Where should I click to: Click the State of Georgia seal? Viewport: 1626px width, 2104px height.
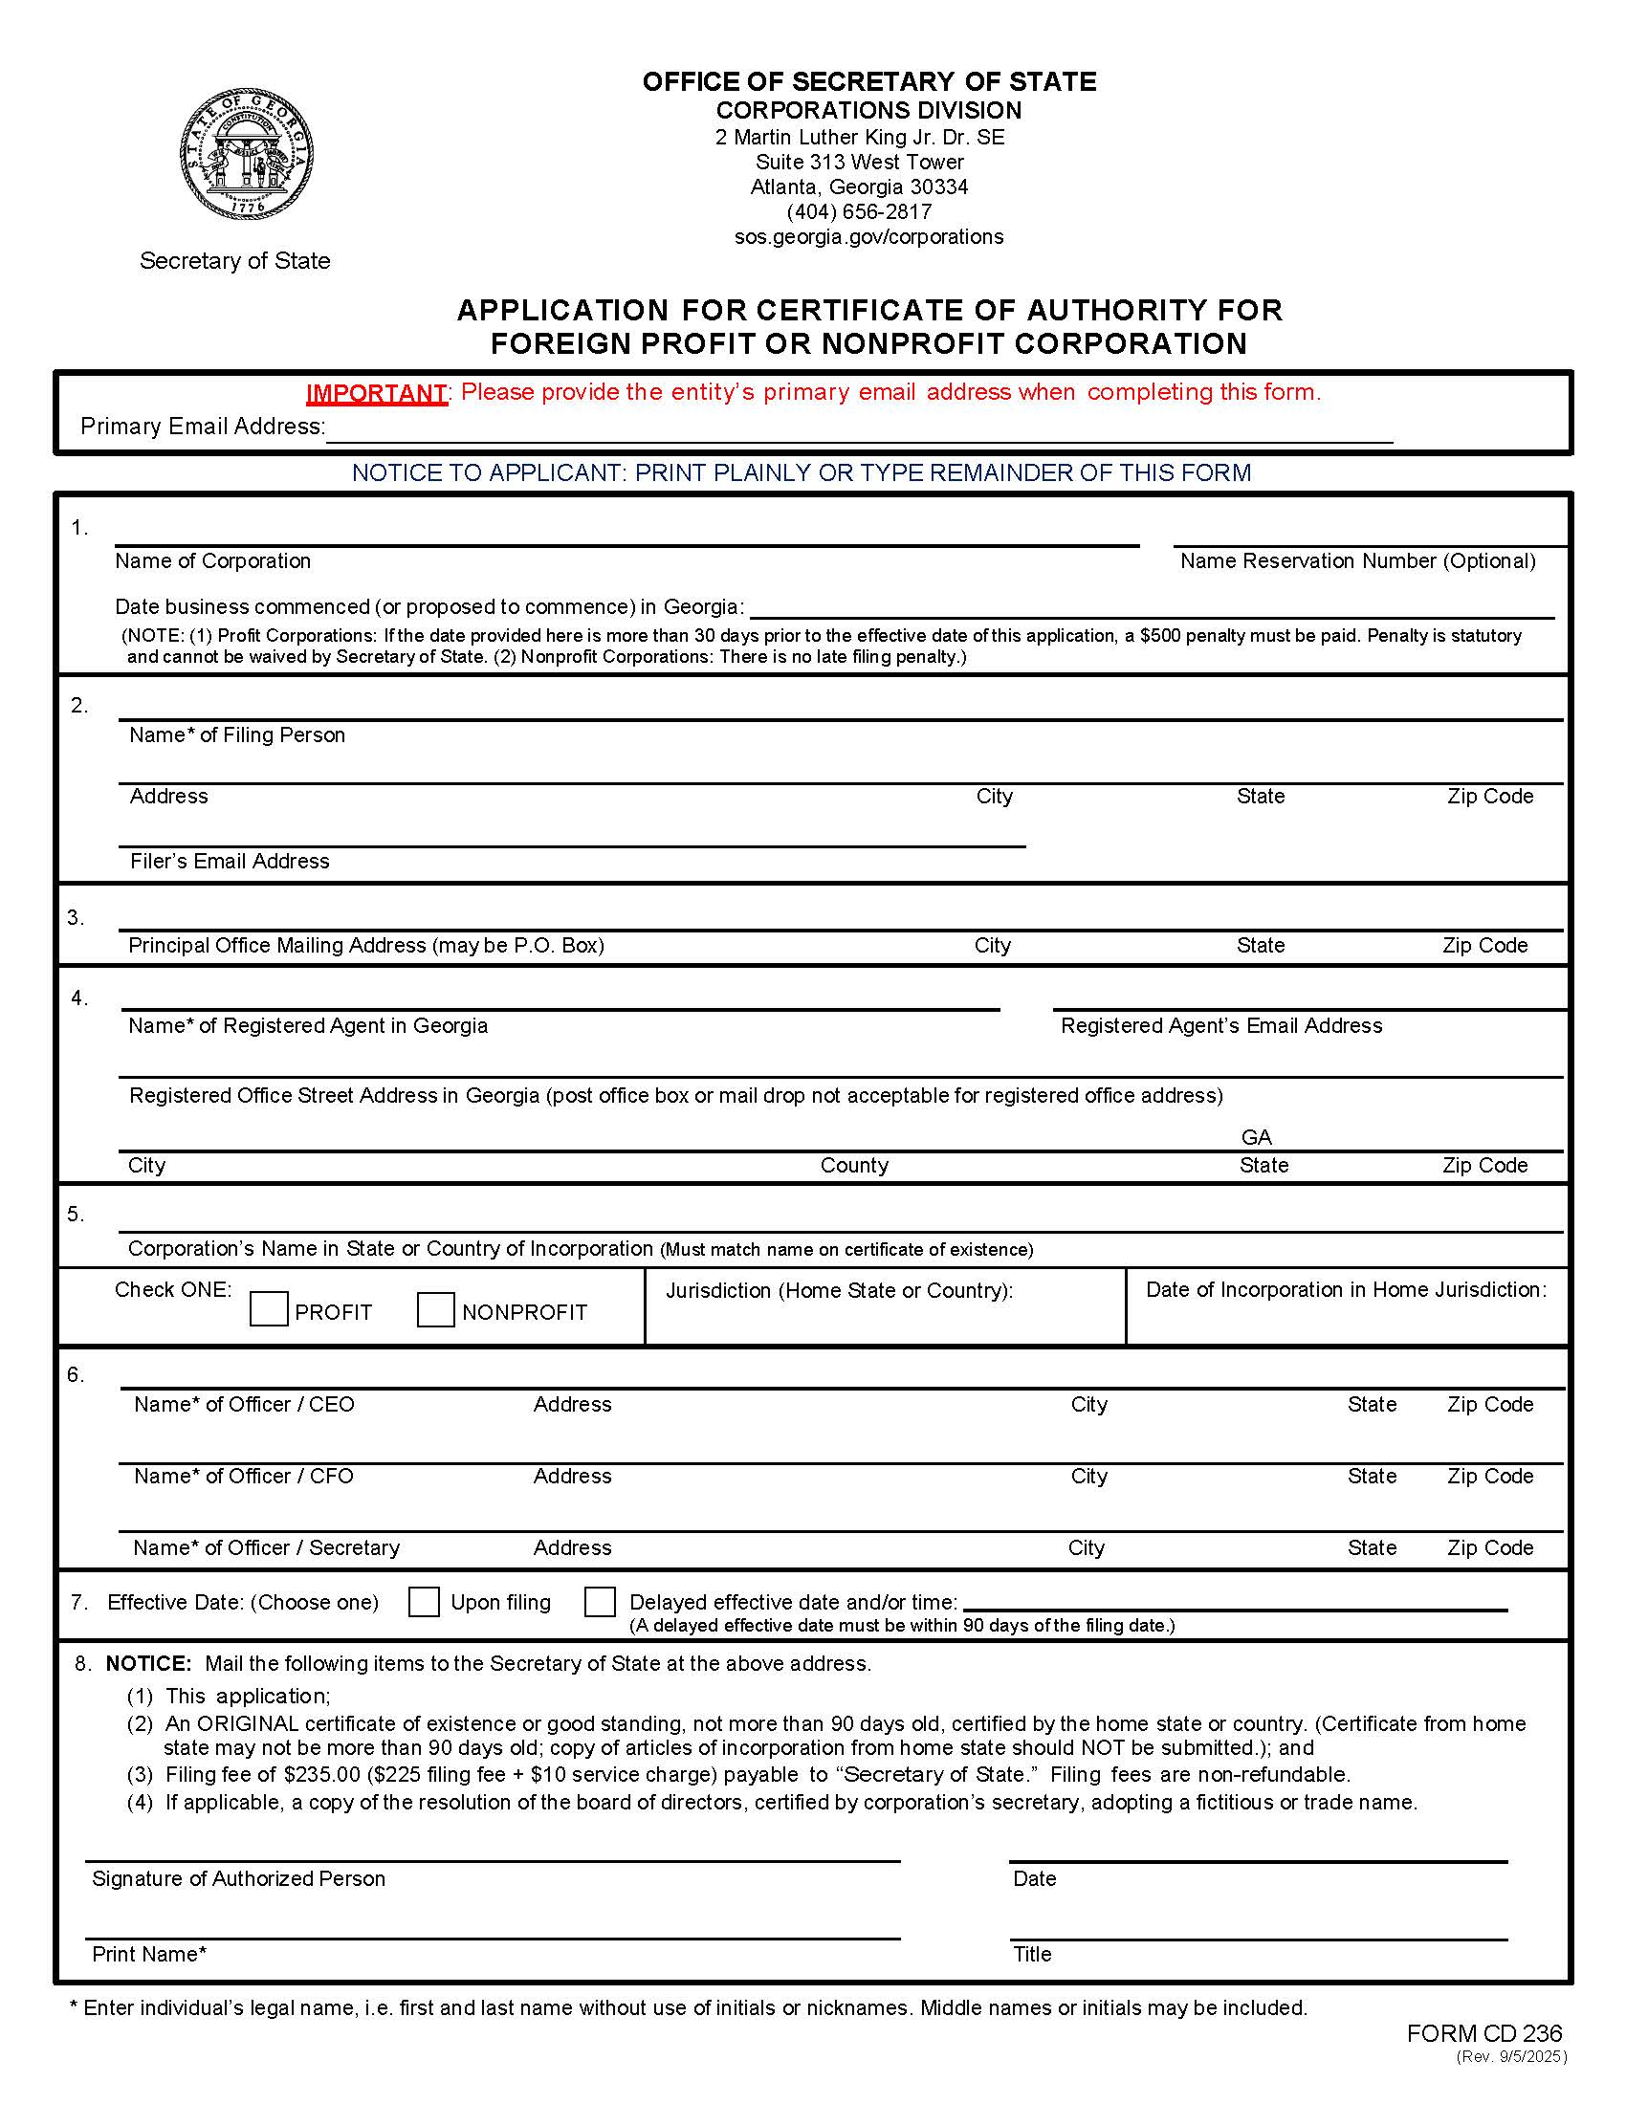click(x=247, y=154)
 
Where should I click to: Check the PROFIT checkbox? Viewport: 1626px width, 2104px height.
click(x=269, y=1310)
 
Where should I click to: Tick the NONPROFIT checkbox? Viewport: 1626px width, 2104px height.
click(x=435, y=1310)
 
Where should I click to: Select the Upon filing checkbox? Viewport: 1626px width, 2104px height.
click(x=424, y=1602)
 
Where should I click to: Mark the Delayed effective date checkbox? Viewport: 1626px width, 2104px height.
click(x=599, y=1602)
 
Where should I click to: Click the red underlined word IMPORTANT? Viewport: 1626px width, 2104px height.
click(x=376, y=393)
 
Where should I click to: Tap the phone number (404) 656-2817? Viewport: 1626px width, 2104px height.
click(x=858, y=212)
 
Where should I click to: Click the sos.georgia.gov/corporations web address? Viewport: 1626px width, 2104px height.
click(x=868, y=237)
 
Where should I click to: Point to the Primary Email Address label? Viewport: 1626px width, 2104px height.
click(x=202, y=427)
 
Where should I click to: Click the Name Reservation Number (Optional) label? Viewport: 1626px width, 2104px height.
click(x=1357, y=561)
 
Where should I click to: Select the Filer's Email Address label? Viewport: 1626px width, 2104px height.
click(x=230, y=862)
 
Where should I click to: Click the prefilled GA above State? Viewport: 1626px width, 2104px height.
click(x=1256, y=1137)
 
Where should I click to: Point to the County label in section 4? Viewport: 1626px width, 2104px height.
click(x=853, y=1166)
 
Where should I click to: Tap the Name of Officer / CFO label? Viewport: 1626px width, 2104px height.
click(x=244, y=1476)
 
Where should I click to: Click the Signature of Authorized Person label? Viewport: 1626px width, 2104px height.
click(x=238, y=1878)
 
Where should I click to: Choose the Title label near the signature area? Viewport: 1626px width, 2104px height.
click(x=1032, y=1954)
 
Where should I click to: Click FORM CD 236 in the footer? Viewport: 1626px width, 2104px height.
click(x=1483, y=2033)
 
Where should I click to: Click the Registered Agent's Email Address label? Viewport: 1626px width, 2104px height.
click(x=1220, y=1026)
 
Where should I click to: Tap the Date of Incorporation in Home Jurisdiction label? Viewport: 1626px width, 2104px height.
click(x=1346, y=1290)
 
